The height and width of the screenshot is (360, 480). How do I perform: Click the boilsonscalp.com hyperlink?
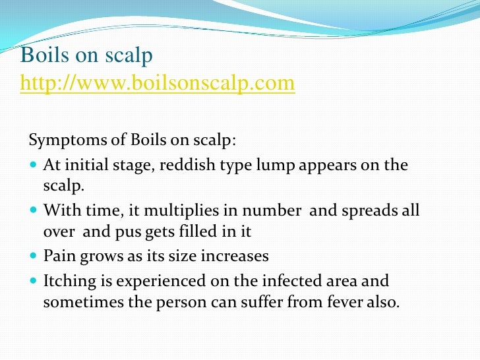click(158, 84)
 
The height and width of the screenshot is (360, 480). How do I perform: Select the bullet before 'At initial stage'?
click(34, 164)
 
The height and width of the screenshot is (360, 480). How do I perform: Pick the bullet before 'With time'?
click(34, 210)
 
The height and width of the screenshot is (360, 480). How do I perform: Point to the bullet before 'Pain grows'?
click(34, 256)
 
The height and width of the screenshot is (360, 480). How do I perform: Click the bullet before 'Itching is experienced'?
click(34, 282)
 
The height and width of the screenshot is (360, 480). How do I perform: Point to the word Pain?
click(59, 256)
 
